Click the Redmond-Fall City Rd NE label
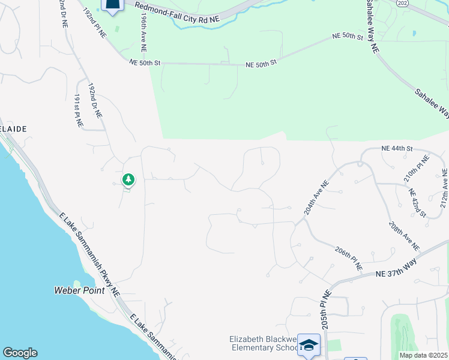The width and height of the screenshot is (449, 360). click(177, 13)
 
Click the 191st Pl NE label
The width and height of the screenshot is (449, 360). click(78, 112)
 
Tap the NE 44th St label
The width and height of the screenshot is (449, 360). click(397, 148)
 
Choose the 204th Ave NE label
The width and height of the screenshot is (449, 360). click(317, 197)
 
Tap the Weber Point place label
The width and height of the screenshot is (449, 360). click(79, 291)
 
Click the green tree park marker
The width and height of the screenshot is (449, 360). click(127, 179)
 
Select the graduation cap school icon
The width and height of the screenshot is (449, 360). click(309, 345)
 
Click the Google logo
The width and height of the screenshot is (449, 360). click(20, 353)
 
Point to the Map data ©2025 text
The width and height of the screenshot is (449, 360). click(423, 355)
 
